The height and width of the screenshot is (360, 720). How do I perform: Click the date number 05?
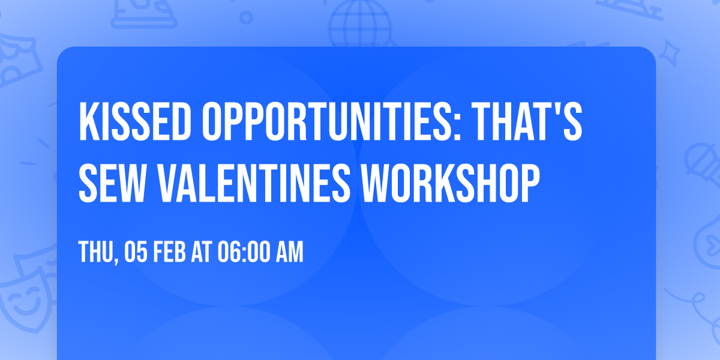click(x=136, y=253)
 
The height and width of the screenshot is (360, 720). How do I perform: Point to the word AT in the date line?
click(x=202, y=253)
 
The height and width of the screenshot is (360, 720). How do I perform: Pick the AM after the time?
click(x=290, y=253)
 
